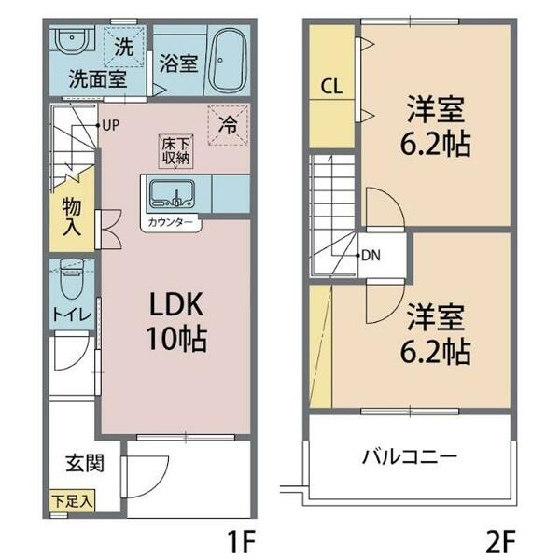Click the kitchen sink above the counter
coord(171,195)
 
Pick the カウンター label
coord(171,222)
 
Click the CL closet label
coord(331,87)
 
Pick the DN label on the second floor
coord(370,255)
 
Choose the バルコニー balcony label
coord(409,457)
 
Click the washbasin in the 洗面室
coord(70,42)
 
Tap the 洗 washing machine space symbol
coord(123,43)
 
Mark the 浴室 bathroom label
coord(176,63)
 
